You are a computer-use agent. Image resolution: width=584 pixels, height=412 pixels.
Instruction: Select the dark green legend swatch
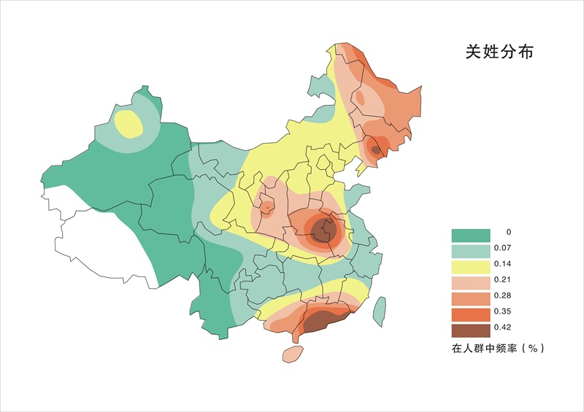coord(470,235)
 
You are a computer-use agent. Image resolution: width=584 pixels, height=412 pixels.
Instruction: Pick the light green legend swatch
coord(470,251)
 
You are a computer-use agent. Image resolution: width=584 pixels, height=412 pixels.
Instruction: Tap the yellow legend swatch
coord(470,267)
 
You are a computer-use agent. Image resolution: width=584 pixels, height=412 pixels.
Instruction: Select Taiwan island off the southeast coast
coord(379,310)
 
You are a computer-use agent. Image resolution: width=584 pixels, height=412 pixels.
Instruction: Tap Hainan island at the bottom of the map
coord(292,354)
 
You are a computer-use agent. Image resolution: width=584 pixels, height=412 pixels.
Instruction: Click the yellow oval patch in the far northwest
coord(128,123)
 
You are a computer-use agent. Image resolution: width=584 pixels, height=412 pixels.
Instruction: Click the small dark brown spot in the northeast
coord(376,149)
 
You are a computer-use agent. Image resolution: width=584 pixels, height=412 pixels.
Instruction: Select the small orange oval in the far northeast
coord(359,98)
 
